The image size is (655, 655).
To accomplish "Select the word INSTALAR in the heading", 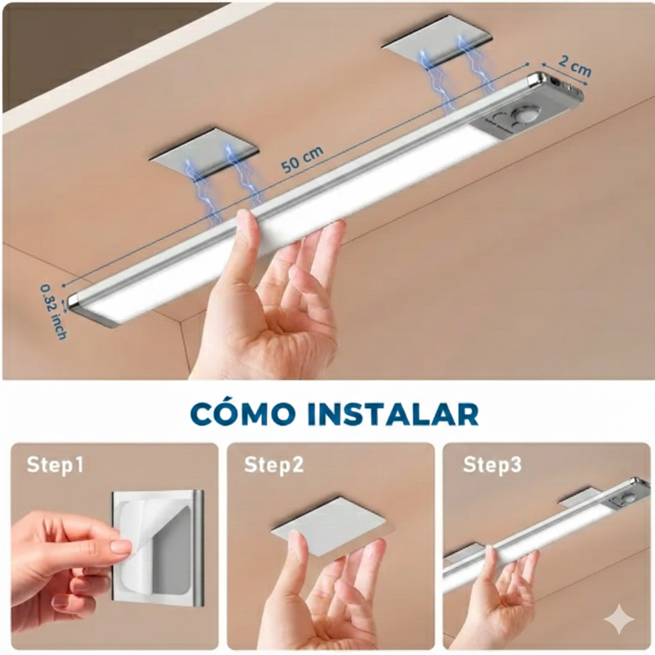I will click(392, 413).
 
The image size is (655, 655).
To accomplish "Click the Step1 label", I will click(55, 465).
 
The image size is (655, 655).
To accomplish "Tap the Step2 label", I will click(274, 465).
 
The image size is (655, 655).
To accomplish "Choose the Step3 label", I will click(492, 465).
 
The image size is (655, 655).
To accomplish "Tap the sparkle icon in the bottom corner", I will click(619, 619).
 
